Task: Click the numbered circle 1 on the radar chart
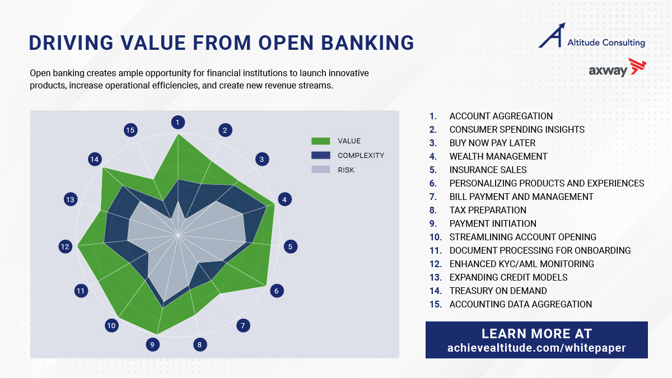[x=178, y=123]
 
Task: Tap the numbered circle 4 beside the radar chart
[x=284, y=199]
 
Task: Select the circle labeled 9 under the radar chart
[x=153, y=345]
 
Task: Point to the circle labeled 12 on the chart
[x=66, y=246]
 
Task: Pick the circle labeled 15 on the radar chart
[x=130, y=130]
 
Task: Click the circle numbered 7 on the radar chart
[x=243, y=325]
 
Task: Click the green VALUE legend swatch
[x=321, y=141]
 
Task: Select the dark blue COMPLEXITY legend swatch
[x=321, y=156]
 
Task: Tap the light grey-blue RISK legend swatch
[x=321, y=170]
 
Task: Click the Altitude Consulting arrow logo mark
[x=552, y=35]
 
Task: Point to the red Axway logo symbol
[x=637, y=66]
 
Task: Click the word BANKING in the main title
[x=367, y=43]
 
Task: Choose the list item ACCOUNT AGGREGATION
[x=501, y=116]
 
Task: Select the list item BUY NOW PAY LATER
[x=492, y=143]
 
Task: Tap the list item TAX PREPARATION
[x=488, y=211]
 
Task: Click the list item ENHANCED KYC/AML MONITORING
[x=522, y=264]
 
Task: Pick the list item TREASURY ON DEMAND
[x=498, y=291]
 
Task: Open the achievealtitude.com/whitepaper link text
[x=536, y=348]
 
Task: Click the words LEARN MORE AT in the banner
[x=536, y=334]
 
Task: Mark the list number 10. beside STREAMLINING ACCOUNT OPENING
[x=436, y=237]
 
